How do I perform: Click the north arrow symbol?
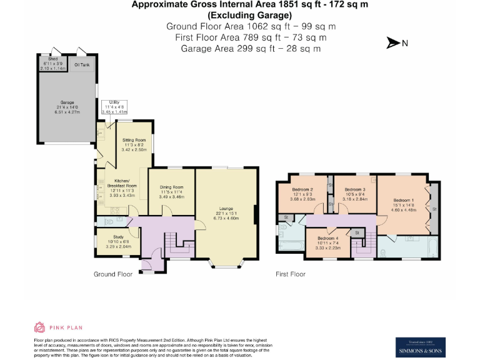pos(394,43)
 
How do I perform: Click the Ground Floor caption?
pos(112,274)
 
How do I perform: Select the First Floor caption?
pos(291,274)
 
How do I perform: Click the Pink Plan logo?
pos(57,327)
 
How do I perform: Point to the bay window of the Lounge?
pos(226,262)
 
